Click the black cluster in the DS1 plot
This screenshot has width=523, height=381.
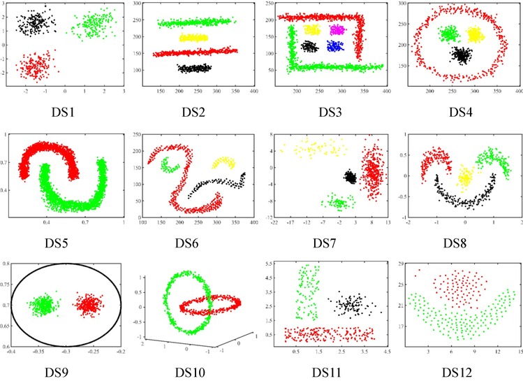(x=33, y=22)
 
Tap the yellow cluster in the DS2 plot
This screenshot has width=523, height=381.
(x=193, y=38)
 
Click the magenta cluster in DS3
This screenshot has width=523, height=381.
(x=337, y=29)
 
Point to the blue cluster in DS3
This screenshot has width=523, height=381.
(x=336, y=46)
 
